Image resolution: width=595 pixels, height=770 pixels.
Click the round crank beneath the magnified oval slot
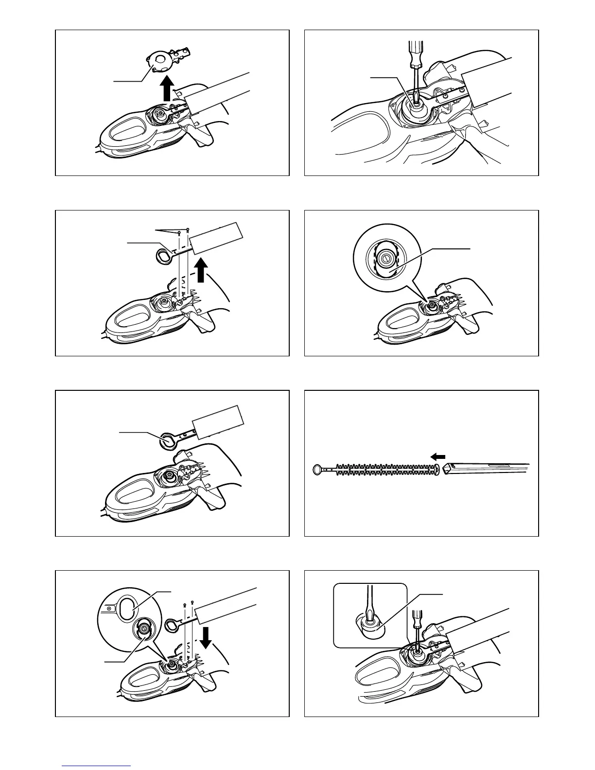click(144, 629)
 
